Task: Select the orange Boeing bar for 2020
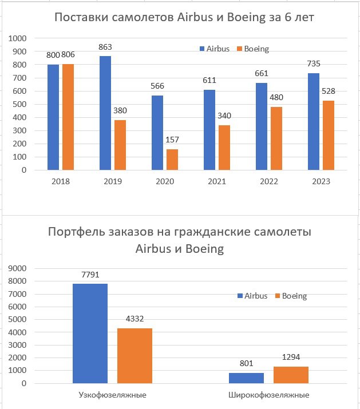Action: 172,160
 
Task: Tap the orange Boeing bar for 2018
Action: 68,117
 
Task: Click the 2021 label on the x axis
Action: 217,181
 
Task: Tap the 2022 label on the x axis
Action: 269,181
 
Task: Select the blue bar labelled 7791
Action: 90,333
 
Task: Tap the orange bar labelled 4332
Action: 134,356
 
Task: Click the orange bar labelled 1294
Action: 291,375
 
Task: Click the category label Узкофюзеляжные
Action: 112,395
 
